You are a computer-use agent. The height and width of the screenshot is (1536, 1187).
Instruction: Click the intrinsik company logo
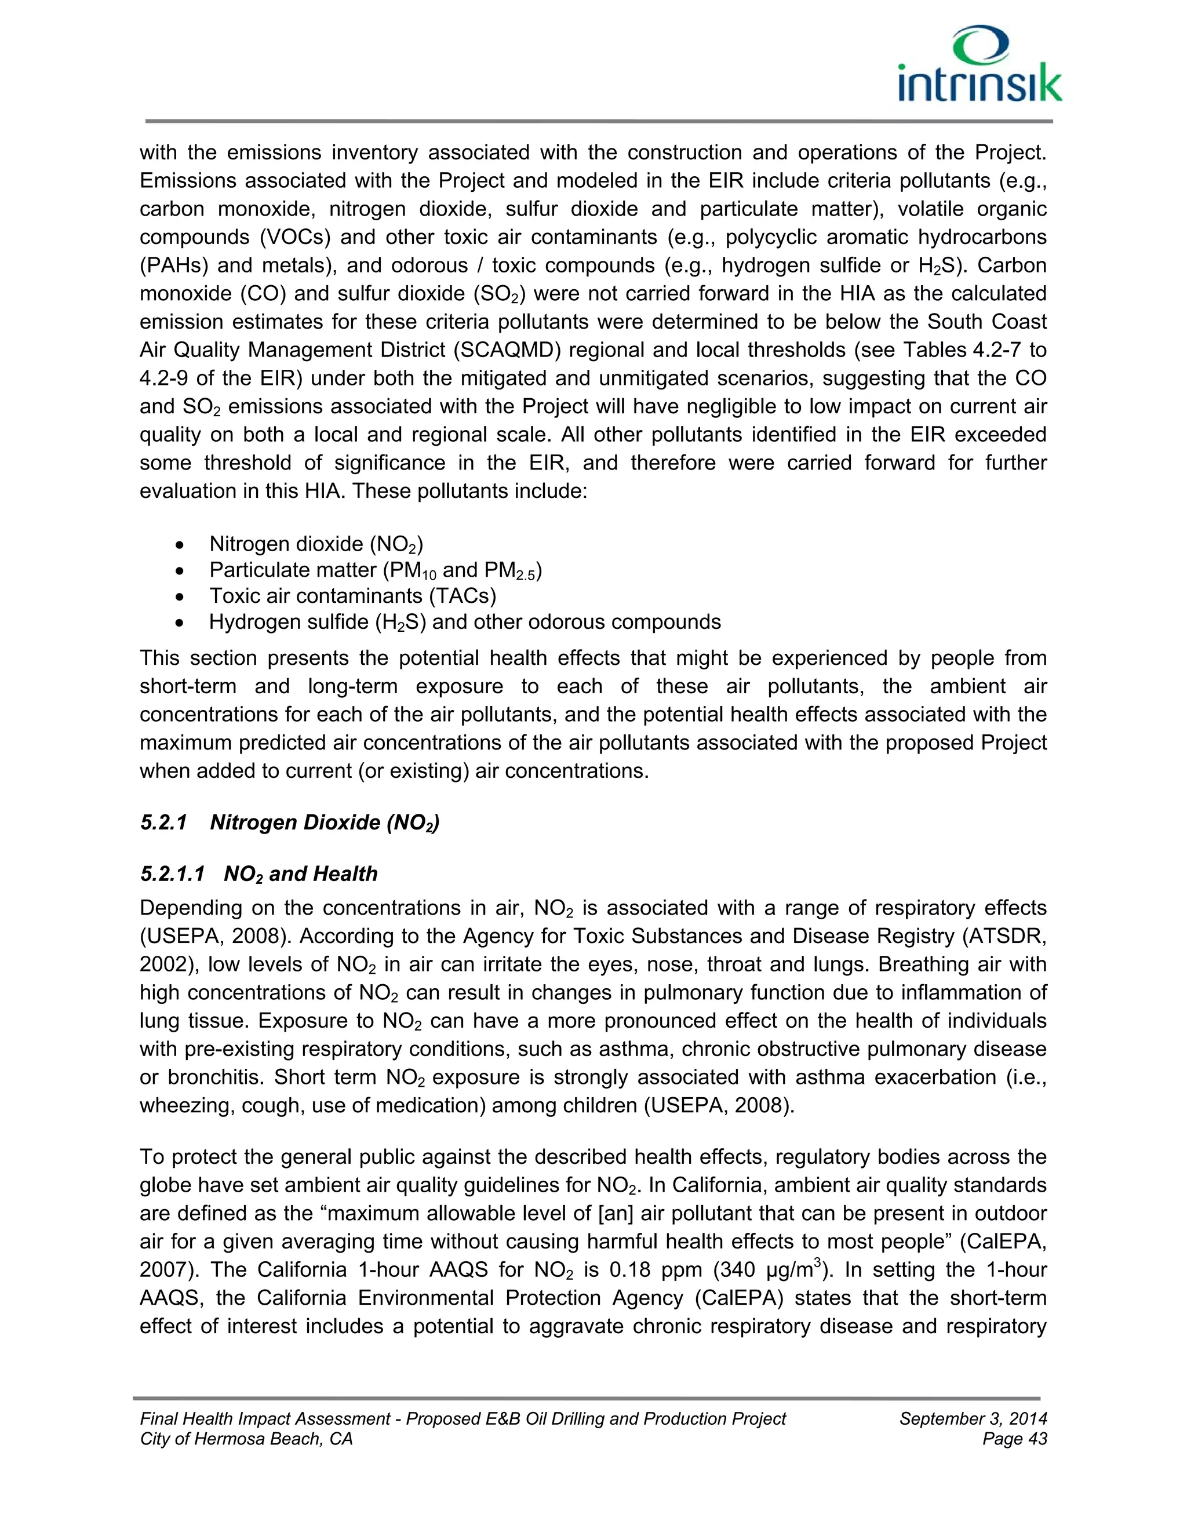pos(980,65)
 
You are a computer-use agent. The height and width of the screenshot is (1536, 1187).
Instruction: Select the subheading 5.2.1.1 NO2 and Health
pos(258,873)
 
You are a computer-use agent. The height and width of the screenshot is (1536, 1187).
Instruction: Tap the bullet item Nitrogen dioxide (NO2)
pos(316,544)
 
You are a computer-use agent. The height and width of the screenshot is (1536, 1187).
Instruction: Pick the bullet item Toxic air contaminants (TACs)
pos(352,596)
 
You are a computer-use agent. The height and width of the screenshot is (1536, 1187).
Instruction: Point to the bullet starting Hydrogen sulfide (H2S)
pos(464,622)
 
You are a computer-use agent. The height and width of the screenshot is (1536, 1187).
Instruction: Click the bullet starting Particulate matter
pos(376,570)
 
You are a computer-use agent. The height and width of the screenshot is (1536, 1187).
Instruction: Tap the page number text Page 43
pos(1014,1439)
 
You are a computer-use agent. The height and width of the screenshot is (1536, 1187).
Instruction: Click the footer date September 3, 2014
pos(973,1418)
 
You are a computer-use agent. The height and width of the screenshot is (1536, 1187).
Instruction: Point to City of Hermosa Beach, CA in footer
pos(246,1439)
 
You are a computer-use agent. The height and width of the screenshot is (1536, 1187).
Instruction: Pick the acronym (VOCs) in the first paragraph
pos(296,237)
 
